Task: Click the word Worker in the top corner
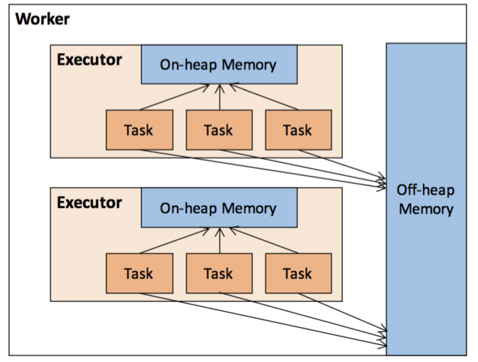coord(42,19)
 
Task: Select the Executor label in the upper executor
coord(89,60)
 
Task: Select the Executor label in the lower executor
coord(89,203)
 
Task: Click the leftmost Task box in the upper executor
coord(139,130)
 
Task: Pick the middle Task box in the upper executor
coord(219,130)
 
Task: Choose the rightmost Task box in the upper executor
coord(298,130)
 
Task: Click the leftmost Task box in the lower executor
coord(139,273)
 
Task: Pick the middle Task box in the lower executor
coord(219,273)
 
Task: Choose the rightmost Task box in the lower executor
coord(298,273)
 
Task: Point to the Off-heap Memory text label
coord(426,199)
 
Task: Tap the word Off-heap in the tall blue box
coord(425,190)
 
